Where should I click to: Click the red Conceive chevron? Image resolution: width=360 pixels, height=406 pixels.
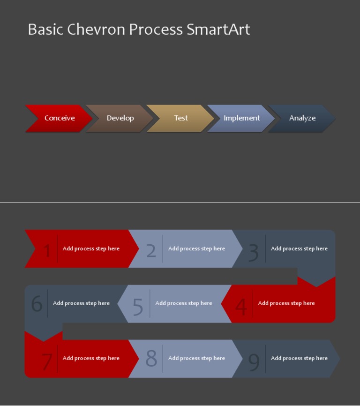tap(59, 118)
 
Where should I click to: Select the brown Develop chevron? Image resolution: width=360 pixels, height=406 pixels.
tap(120, 118)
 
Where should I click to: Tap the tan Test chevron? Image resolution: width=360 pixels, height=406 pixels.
tap(181, 118)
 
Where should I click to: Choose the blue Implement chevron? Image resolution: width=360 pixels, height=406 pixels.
tap(241, 118)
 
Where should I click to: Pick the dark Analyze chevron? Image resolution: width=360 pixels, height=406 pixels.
tap(302, 118)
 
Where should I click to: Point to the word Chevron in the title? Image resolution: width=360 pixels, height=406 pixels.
tap(96, 29)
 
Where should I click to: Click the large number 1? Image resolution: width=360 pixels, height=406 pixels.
tap(46, 251)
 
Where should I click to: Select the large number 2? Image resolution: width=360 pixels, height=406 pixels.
tap(151, 251)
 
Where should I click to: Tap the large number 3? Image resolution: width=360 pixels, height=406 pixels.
tap(253, 252)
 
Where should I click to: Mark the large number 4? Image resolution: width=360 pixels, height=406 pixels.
tap(241, 307)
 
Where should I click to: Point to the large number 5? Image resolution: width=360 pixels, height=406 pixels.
tap(138, 307)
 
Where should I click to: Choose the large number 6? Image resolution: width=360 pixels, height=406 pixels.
tap(37, 304)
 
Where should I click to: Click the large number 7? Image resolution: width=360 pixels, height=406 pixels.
tap(47, 361)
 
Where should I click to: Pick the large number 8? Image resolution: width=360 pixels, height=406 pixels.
tap(151, 359)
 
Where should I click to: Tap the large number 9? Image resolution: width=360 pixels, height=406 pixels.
tap(254, 361)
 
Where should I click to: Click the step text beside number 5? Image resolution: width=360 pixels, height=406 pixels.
tap(184, 303)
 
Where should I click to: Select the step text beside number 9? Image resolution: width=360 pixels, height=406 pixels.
tap(299, 358)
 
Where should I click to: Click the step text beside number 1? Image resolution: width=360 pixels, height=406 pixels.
tap(91, 248)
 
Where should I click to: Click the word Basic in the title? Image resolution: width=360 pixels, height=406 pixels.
tap(45, 29)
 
